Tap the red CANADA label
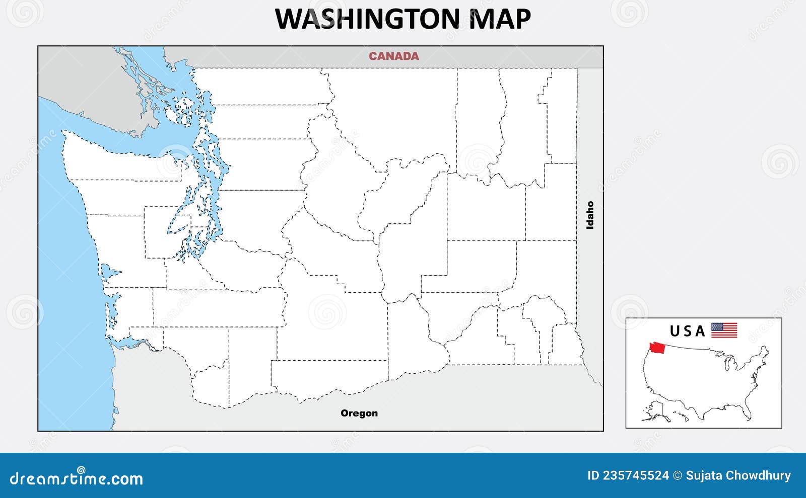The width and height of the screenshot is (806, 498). (393, 56)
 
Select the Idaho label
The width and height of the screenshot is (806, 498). (590, 215)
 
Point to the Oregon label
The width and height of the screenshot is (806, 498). (359, 413)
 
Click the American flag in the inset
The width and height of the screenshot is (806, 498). (724, 330)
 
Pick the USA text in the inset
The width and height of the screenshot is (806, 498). (687, 331)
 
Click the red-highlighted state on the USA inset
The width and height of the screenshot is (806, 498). (657, 347)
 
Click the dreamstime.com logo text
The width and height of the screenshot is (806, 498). (77, 478)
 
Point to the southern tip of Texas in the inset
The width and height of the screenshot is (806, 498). (703, 418)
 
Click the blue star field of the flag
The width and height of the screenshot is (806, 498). (716, 326)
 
